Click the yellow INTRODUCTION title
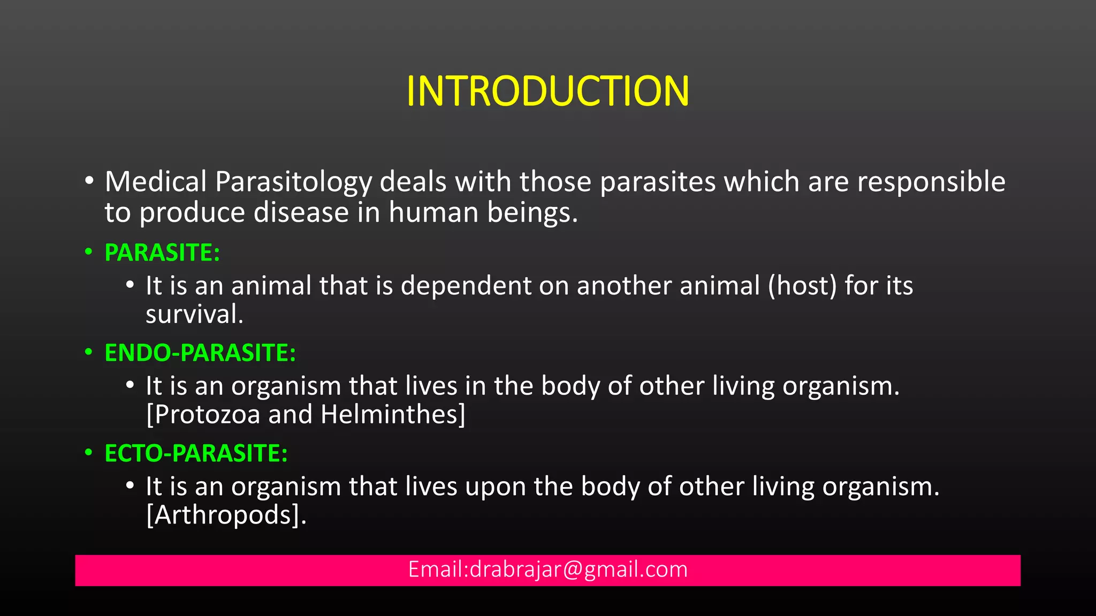[547, 91]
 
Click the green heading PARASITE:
[162, 253]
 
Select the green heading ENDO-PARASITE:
[200, 353]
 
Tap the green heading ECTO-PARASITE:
[196, 453]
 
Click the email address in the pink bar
[547, 569]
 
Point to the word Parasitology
[293, 182]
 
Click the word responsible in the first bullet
[931, 182]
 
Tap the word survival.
[194, 314]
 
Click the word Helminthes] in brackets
[393, 415]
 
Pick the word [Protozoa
[203, 415]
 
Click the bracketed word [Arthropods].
[226, 515]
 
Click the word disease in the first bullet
[301, 213]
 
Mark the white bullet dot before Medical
[89, 181]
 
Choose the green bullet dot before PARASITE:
[89, 252]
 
